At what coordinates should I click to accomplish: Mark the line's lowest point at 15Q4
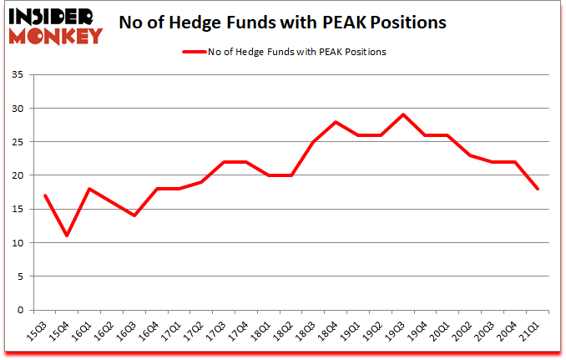[67, 236]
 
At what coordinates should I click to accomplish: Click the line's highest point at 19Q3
[403, 114]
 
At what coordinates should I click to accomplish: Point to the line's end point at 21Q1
[538, 189]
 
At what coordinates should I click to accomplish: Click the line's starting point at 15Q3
[44, 195]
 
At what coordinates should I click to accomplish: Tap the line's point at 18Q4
[336, 122]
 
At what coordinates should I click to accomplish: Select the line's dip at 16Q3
[134, 215]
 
